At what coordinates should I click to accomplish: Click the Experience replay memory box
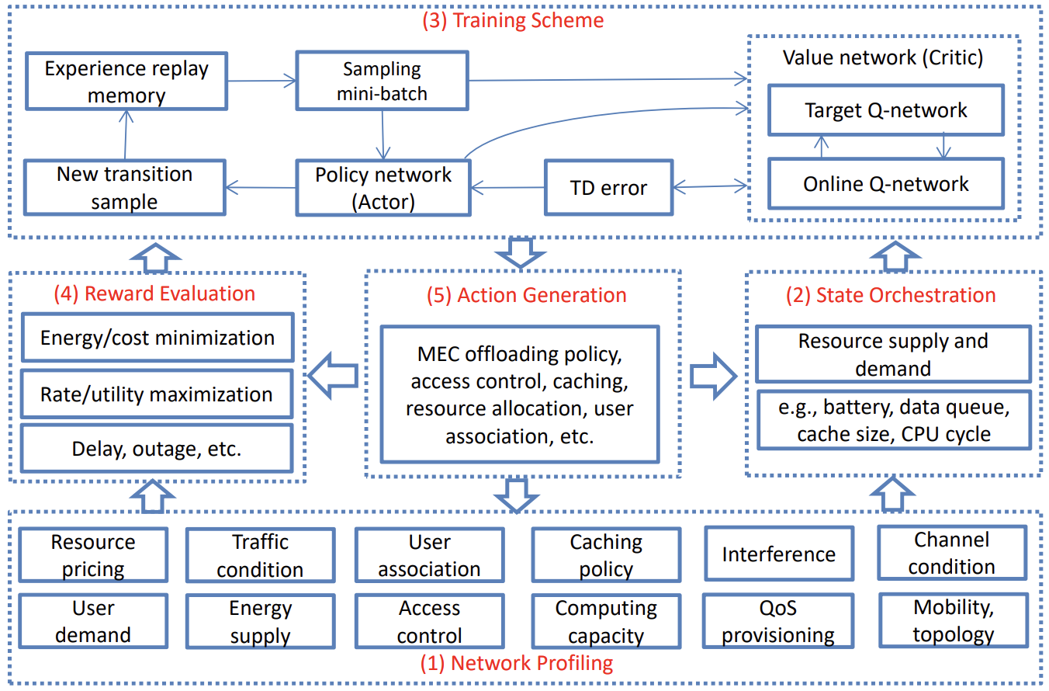(126, 82)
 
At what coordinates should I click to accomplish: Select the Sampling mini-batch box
(382, 82)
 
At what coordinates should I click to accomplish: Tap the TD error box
(608, 187)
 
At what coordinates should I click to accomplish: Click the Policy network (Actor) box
(383, 188)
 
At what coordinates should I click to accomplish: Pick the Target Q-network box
(885, 110)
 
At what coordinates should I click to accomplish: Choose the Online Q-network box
(885, 183)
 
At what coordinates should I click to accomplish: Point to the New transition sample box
(124, 188)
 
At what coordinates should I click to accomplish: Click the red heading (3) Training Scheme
(512, 19)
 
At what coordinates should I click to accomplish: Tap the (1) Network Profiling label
(516, 663)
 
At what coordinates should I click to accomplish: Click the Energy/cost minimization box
(158, 338)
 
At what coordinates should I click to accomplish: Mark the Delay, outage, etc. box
(158, 449)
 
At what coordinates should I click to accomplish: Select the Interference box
(778, 554)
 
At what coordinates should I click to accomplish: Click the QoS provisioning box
(778, 621)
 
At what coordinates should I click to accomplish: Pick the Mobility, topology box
(953, 620)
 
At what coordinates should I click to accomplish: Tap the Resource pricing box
(93, 555)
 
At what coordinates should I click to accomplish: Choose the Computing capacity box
(606, 622)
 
